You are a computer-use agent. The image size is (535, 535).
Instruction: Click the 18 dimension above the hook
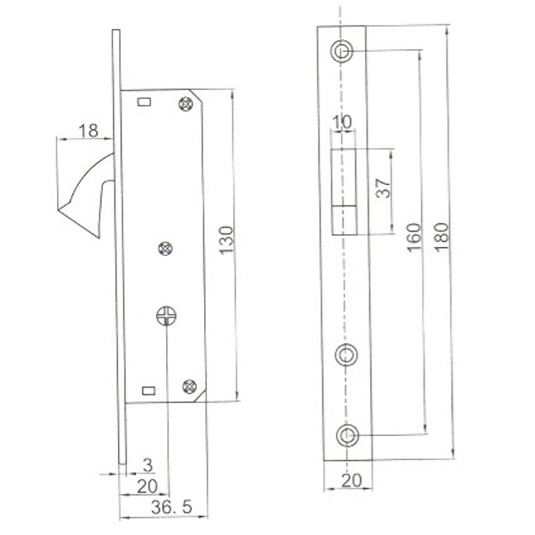(88, 131)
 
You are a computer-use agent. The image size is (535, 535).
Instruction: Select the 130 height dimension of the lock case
(227, 239)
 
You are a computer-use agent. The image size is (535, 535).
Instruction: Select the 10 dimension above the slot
(342, 122)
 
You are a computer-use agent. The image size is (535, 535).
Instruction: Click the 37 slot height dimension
(382, 189)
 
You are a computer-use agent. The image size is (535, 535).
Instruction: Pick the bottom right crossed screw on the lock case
(189, 385)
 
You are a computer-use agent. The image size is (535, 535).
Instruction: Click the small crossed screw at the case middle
(165, 249)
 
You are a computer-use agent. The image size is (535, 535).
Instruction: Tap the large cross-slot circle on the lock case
(166, 314)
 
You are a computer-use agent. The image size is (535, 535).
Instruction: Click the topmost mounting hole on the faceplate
(343, 51)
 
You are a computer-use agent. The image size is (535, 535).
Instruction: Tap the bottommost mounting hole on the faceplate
(346, 435)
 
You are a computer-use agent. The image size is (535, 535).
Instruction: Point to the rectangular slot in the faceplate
(344, 191)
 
